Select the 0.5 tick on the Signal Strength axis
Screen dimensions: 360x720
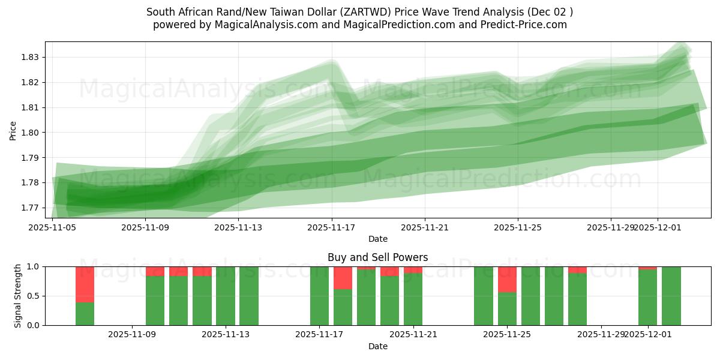coord(34,296)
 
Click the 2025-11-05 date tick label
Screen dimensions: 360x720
coord(52,227)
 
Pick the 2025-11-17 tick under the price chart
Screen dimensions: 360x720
coord(332,227)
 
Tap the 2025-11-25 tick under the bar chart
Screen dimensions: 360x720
coord(507,334)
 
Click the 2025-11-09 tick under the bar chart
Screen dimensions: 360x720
coord(132,334)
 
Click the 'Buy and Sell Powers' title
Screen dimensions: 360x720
coord(377,257)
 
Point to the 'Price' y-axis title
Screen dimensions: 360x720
coord(13,130)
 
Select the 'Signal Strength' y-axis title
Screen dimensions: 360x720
coord(18,296)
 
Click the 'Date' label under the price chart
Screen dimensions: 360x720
coord(377,239)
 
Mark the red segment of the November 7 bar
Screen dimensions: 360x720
coord(85,284)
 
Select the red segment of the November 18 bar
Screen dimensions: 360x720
coord(343,277)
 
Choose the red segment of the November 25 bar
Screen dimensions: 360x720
coord(507,279)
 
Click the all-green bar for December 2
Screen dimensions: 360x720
coord(671,296)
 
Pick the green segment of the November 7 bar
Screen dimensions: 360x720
coord(85,314)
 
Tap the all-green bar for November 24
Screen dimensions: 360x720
coord(484,296)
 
